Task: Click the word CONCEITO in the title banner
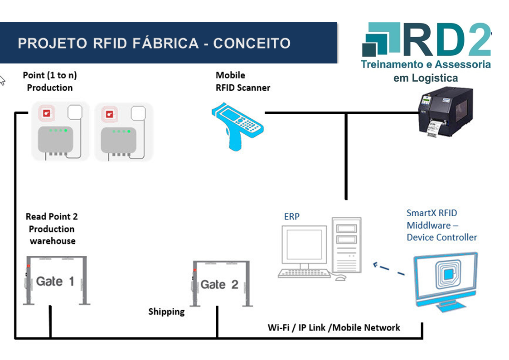pyautogui.click(x=252, y=44)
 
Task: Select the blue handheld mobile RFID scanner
pyautogui.click(x=237, y=124)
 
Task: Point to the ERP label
pyautogui.click(x=291, y=217)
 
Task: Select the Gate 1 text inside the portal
pyautogui.click(x=55, y=282)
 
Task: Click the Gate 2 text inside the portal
pyautogui.click(x=219, y=285)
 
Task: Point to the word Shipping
pyautogui.click(x=166, y=312)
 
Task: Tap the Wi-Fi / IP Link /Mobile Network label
pyautogui.click(x=334, y=327)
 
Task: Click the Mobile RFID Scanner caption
pyautogui.click(x=242, y=82)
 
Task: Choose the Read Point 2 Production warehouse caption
pyautogui.click(x=52, y=229)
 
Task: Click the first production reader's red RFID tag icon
pyautogui.click(x=46, y=113)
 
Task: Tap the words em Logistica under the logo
pyautogui.click(x=425, y=78)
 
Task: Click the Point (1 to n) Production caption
pyautogui.click(x=49, y=82)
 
